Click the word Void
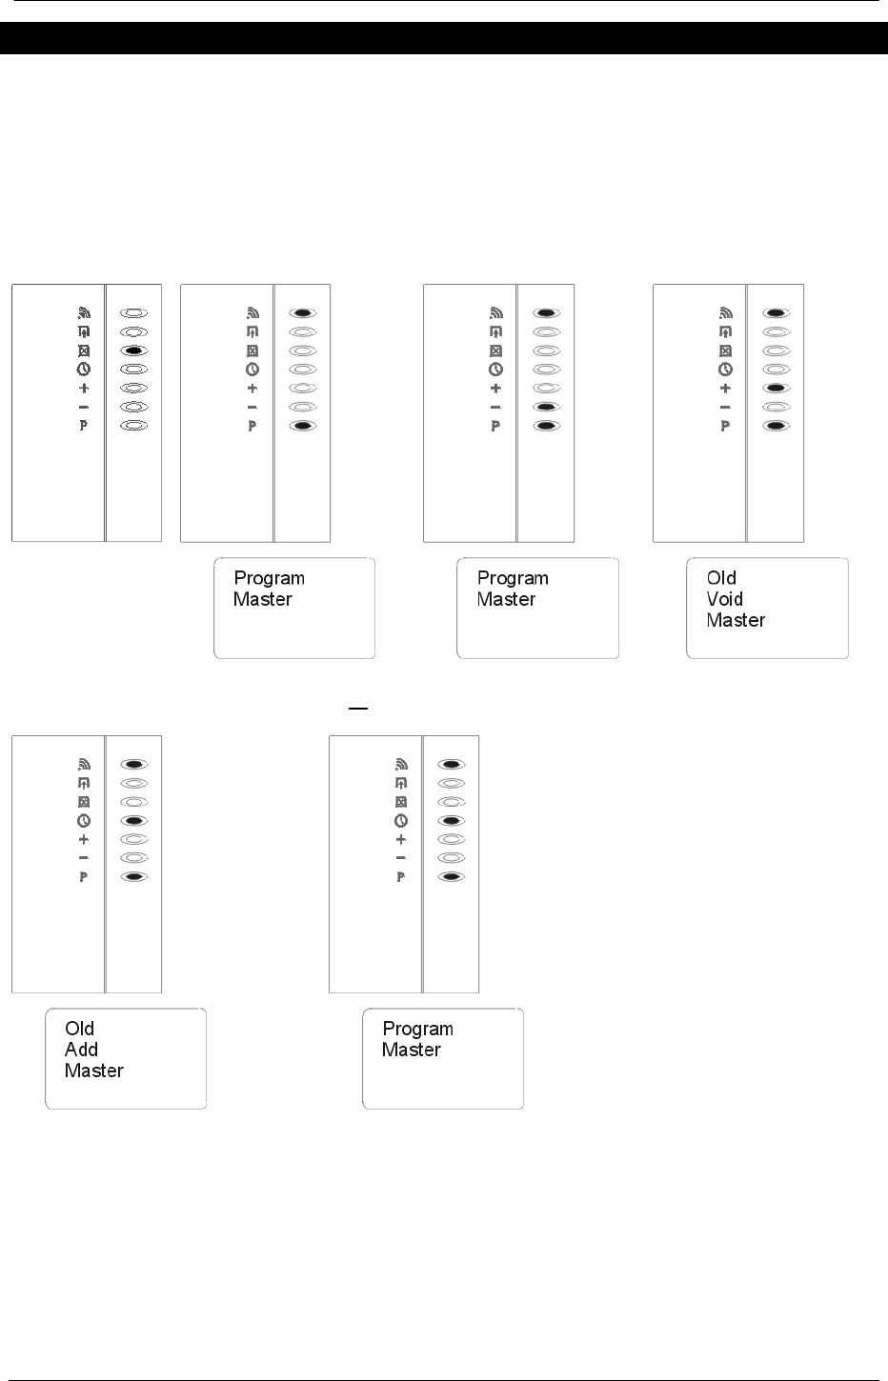[724, 599]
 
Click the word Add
[81, 1050]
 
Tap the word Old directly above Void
[721, 578]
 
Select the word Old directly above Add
[79, 1029]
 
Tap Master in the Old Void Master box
[736, 620]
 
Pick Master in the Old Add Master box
[93, 1071]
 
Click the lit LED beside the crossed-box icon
[133, 350]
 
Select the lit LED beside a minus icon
[545, 407]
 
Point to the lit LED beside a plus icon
[776, 389]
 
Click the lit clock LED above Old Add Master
[133, 820]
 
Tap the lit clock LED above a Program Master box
[451, 820]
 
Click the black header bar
[444, 38]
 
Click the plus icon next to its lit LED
[725, 389]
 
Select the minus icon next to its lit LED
[494, 407]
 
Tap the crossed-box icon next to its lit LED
[83, 350]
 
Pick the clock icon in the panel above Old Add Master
[83, 820]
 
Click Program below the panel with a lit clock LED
[417, 1029]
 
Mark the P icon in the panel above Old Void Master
[725, 426]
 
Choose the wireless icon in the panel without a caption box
[83, 312]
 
